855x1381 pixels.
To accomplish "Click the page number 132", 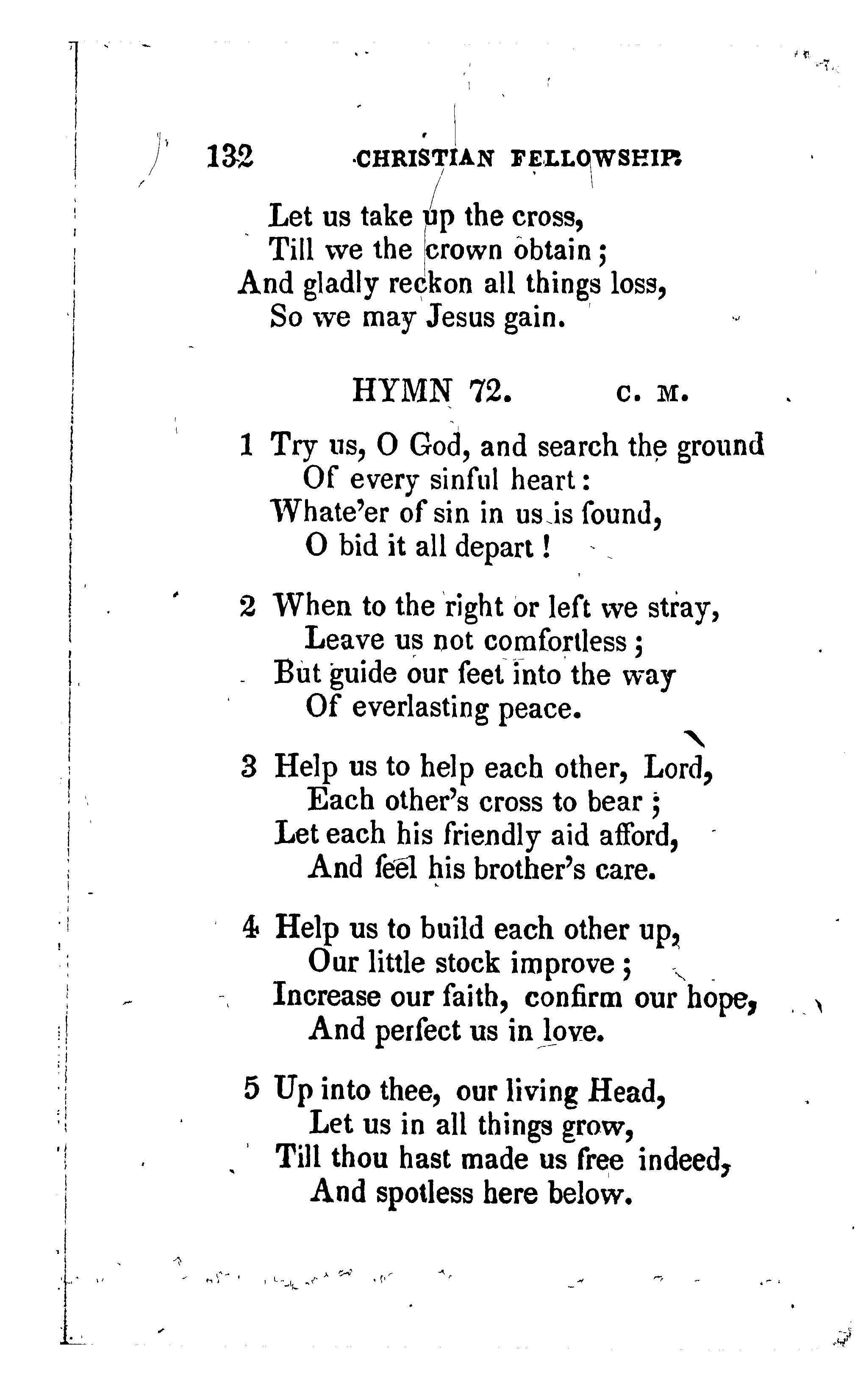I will (230, 157).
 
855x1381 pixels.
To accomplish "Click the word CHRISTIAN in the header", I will (425, 159).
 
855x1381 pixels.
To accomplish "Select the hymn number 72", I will (490, 391).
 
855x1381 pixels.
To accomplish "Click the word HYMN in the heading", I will (403, 391).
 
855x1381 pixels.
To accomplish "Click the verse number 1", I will (246, 445).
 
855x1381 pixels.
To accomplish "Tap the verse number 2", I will (248, 607).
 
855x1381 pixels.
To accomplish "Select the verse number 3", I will (249, 768).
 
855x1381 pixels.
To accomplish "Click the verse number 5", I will (252, 1089).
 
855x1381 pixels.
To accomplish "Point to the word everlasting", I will (419, 709).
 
